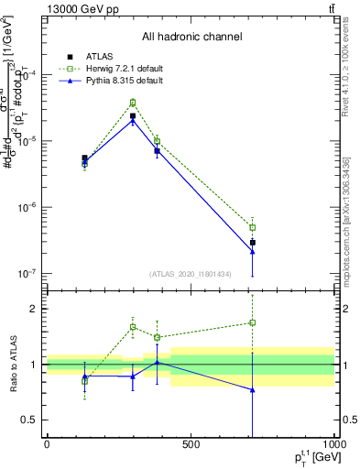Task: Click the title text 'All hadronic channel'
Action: pyautogui.click(x=191, y=37)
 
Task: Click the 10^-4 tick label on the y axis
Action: pyautogui.click(x=31, y=75)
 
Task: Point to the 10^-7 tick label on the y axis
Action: pyautogui.click(x=31, y=273)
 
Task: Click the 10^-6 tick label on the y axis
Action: pyautogui.click(x=31, y=207)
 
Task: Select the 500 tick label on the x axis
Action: pyautogui.click(x=191, y=445)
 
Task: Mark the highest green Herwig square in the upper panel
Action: pyautogui.click(x=133, y=103)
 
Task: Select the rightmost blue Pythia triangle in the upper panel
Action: pyautogui.click(x=252, y=251)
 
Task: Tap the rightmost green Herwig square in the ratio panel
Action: pyautogui.click(x=252, y=322)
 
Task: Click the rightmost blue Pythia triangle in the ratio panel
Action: pyautogui.click(x=252, y=389)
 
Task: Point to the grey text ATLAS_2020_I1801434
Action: pyautogui.click(x=191, y=274)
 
